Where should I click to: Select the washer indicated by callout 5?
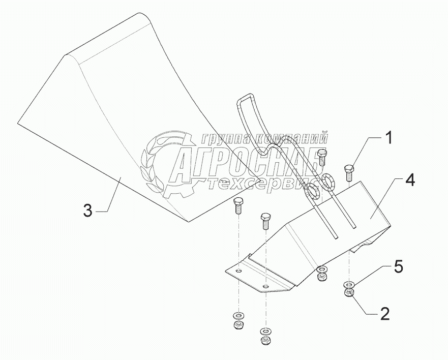coord(349,284)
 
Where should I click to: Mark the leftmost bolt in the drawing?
coord(237,206)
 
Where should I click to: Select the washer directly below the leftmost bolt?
coord(237,315)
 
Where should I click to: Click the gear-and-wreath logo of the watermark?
coord(163,163)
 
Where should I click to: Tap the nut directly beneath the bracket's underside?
coord(321,278)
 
